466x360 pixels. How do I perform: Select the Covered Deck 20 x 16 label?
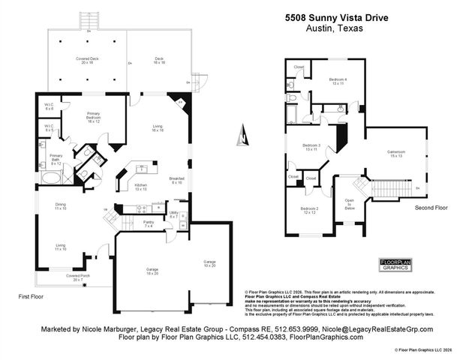point(89,60)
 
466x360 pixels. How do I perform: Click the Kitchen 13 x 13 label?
point(140,187)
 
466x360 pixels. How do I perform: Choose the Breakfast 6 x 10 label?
point(176,180)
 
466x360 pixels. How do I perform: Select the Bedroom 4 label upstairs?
point(338,81)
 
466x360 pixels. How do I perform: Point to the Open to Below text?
point(349,205)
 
